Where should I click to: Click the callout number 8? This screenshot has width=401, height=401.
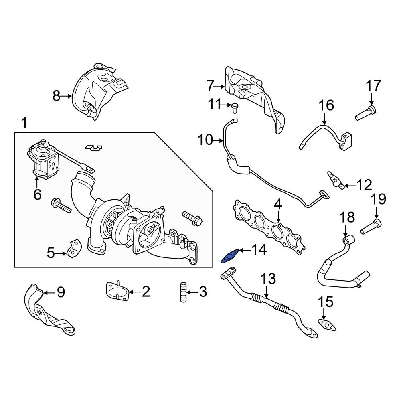pyautogui.click(x=57, y=95)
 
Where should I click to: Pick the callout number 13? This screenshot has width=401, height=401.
pyautogui.click(x=269, y=278)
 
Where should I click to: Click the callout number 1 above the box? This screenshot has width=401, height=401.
pyautogui.click(x=24, y=122)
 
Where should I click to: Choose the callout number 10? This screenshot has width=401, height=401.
pyautogui.click(x=206, y=140)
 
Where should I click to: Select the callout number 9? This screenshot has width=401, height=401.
pyautogui.click(x=60, y=292)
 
